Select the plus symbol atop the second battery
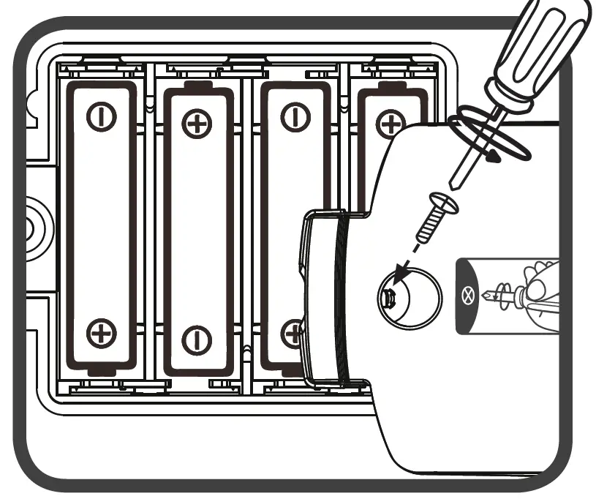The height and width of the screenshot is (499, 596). pos(196,124)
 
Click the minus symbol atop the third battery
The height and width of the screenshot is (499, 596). pos(294,117)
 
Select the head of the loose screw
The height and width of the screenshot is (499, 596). pos(445,203)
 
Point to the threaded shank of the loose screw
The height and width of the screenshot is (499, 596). pos(427,228)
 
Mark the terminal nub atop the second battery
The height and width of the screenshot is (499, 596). pos(196,86)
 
